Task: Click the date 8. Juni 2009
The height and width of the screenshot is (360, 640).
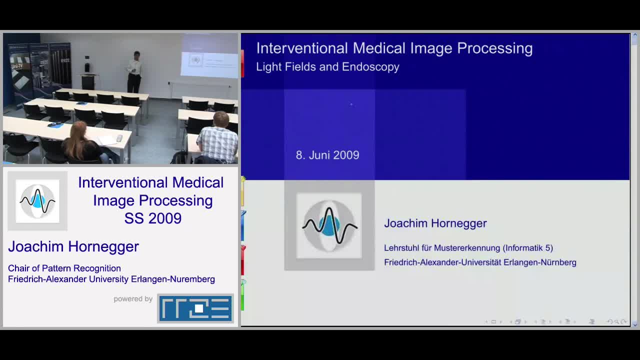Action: (327, 155)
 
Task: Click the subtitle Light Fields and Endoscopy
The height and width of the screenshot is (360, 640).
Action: (327, 67)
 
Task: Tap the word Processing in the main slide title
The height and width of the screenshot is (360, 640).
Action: (495, 48)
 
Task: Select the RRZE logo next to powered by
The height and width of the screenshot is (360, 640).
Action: (195, 308)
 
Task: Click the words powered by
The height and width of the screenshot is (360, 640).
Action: (133, 299)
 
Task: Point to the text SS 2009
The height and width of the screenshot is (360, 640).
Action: (153, 218)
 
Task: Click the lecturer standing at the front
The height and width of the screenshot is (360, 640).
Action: (134, 72)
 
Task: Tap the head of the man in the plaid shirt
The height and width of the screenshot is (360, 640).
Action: (221, 119)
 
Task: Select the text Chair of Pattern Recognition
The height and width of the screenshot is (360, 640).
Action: (64, 268)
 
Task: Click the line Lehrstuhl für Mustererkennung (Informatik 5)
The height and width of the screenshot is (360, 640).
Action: (468, 247)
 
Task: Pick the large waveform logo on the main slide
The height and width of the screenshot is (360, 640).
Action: (329, 225)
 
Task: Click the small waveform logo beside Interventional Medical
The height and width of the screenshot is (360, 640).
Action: (37, 201)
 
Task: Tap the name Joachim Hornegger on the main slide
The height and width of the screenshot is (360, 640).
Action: (435, 223)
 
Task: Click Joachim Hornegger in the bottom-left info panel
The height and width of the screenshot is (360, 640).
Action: (73, 246)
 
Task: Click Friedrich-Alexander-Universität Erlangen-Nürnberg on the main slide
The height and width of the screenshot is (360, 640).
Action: (480, 262)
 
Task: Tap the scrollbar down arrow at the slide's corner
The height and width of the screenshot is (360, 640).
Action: (635, 325)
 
